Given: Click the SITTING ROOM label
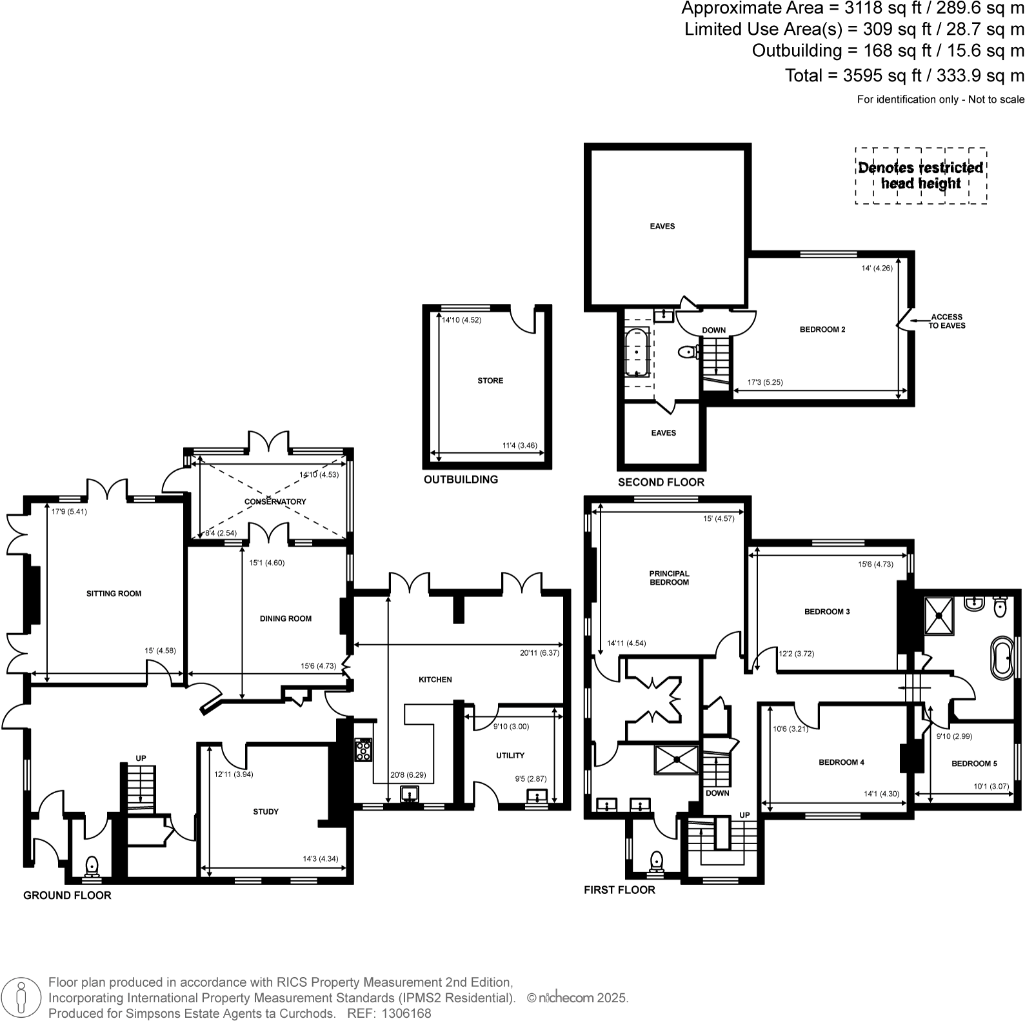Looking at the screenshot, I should pyautogui.click(x=114, y=594).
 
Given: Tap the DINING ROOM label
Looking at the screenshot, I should pyautogui.click(x=285, y=618).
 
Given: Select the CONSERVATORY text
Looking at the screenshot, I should pyautogui.click(x=275, y=501).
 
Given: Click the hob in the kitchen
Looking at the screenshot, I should pyautogui.click(x=364, y=750).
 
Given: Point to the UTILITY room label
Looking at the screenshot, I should pyautogui.click(x=510, y=755).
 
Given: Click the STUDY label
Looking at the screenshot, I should pyautogui.click(x=266, y=812).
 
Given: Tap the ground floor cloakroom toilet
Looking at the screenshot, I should pyautogui.click(x=92, y=865).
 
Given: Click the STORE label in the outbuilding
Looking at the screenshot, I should pyautogui.click(x=490, y=381).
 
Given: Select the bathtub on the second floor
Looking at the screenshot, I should pyautogui.click(x=637, y=352).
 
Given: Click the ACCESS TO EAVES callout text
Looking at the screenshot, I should pyautogui.click(x=947, y=321).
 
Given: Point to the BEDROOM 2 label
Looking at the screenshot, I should pyautogui.click(x=822, y=330).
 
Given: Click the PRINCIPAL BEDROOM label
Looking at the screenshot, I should pyautogui.click(x=669, y=578).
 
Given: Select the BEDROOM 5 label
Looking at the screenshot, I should pyautogui.click(x=974, y=763).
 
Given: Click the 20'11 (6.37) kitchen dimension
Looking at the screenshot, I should pyautogui.click(x=539, y=652).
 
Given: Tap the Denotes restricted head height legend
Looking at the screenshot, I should pyautogui.click(x=921, y=176).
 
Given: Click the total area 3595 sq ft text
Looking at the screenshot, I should pyautogui.click(x=904, y=76).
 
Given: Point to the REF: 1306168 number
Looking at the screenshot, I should pyautogui.click(x=389, y=1013).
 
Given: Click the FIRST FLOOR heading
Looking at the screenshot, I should pyautogui.click(x=619, y=890).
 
